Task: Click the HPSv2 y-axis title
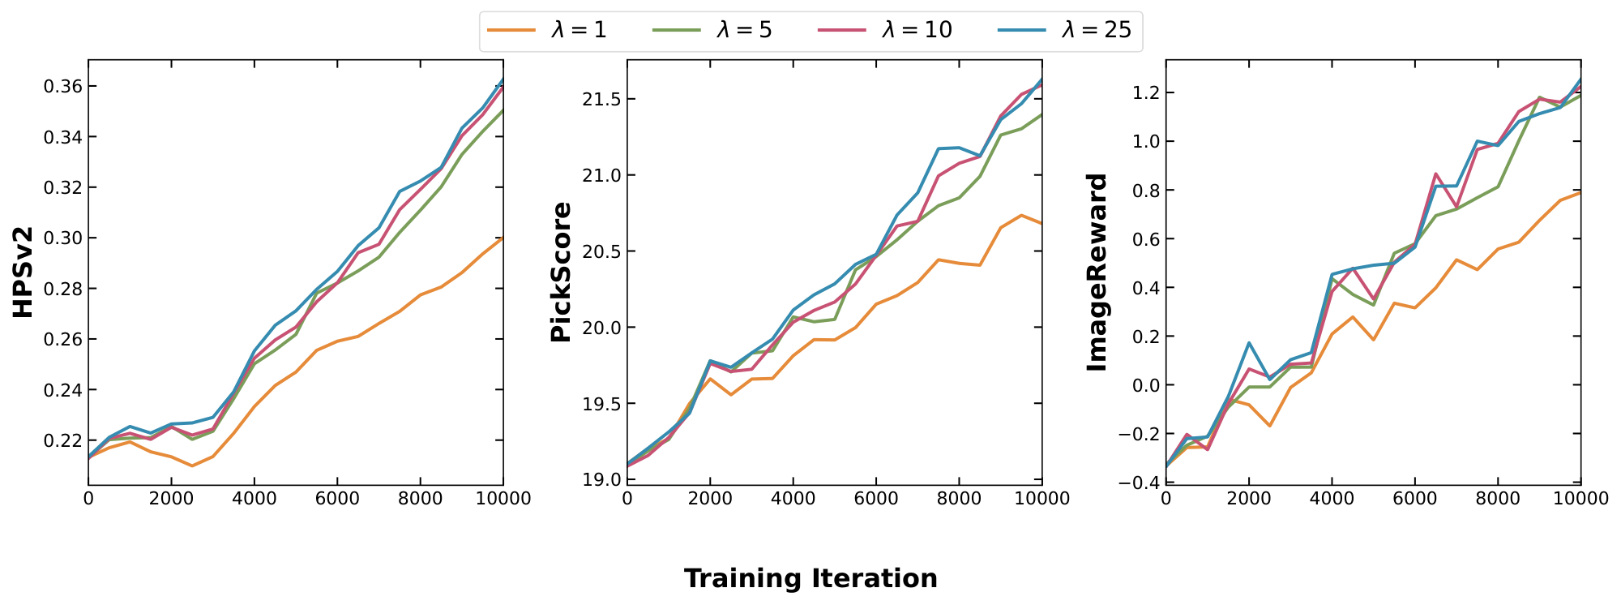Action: tap(24, 272)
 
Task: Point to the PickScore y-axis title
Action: tap(561, 272)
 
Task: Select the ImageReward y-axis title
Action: tap(1097, 272)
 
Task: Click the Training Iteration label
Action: tap(810, 578)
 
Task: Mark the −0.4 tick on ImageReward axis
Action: tap(1137, 483)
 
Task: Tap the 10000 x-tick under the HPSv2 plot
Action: tap(503, 499)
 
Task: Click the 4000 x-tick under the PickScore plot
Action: tap(793, 499)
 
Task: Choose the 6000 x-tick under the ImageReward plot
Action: tap(1414, 499)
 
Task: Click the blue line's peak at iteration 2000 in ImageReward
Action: tap(1249, 343)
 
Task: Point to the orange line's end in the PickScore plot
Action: tap(1041, 223)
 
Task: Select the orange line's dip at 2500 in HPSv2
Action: tap(192, 466)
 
